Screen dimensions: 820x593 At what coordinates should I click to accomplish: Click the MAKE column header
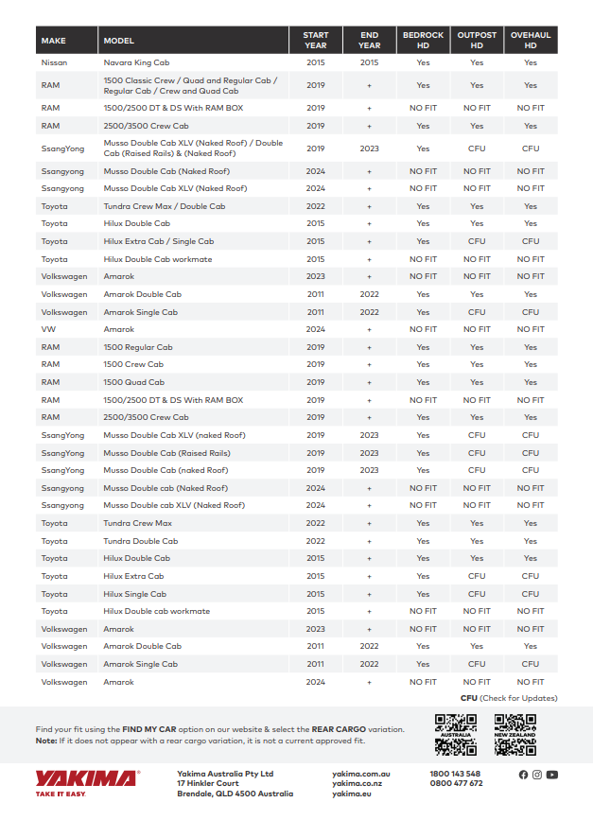(54, 41)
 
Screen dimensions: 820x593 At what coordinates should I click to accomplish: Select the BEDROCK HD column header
(423, 41)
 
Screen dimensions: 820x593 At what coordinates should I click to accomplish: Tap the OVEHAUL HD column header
(531, 41)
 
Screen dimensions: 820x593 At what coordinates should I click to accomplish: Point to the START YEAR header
(316, 41)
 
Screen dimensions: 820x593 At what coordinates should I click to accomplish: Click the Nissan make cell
(55, 62)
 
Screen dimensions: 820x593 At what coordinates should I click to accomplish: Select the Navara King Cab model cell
(137, 62)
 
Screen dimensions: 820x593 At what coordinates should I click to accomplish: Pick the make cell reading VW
(48, 329)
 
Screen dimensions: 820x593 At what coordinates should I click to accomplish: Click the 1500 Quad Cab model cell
(134, 382)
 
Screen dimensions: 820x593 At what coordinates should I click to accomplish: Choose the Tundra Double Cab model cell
(141, 541)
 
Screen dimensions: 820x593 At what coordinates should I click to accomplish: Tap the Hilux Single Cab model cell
(135, 594)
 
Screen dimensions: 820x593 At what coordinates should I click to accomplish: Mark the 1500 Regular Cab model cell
(138, 347)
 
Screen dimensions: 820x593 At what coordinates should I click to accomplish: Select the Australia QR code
(455, 734)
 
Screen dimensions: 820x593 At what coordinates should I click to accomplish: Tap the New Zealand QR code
(515, 734)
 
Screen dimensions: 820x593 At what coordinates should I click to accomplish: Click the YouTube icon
(552, 775)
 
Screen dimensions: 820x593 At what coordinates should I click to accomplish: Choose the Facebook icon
(523, 775)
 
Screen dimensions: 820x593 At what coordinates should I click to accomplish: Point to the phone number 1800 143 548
(455, 773)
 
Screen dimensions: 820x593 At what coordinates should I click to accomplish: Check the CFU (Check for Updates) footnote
(509, 698)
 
